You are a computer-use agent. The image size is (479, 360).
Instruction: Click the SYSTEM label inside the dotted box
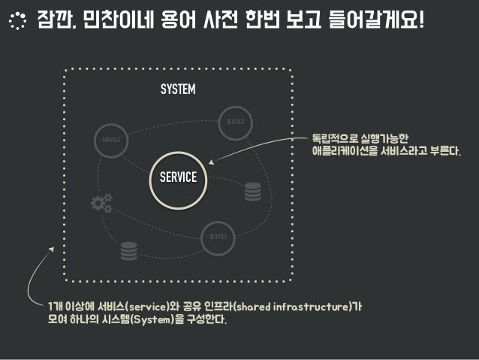click(178, 90)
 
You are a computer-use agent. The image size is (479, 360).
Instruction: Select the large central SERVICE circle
click(178, 178)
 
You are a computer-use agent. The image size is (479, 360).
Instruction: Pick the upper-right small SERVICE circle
click(235, 122)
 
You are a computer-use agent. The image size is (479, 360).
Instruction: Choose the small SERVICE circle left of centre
click(111, 141)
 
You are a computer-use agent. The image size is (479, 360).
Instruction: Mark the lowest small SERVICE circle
click(218, 237)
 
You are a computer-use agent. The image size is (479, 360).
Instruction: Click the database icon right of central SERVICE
click(252, 192)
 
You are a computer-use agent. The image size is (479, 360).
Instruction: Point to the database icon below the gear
click(129, 250)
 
